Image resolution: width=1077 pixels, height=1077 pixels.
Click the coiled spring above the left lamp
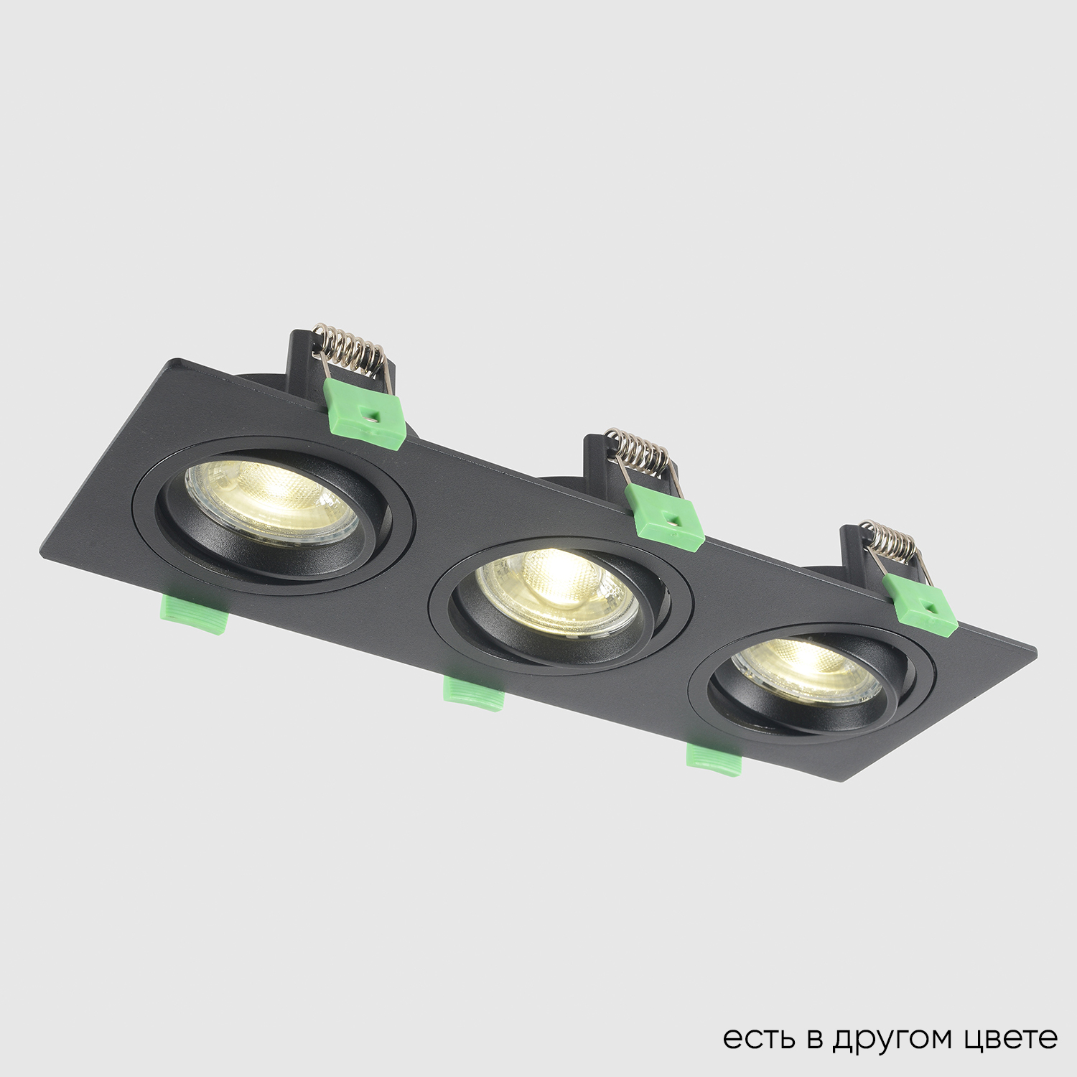click(x=352, y=352)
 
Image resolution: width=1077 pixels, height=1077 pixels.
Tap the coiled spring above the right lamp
click(x=890, y=542)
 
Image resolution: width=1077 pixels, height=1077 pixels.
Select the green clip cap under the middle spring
click(x=664, y=517)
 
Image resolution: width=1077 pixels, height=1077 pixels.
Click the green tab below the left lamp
click(x=194, y=614)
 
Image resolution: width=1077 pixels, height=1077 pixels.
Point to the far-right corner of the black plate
click(x=1036, y=652)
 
